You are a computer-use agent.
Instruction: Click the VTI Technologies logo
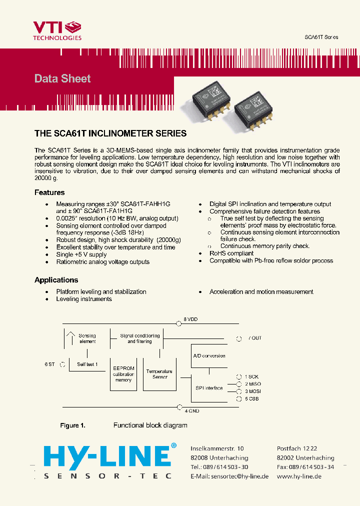point(57,30)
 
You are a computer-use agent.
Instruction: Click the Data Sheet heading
point(62,78)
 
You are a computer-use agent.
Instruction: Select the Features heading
point(49,192)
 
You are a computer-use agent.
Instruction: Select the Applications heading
point(56,280)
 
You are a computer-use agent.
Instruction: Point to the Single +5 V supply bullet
point(81,254)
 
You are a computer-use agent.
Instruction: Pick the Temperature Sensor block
point(159,374)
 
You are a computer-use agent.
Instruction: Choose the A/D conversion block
point(209,356)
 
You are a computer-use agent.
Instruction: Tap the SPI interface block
point(209,388)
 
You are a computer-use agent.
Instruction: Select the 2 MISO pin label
point(252,384)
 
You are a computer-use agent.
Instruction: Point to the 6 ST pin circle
point(62,364)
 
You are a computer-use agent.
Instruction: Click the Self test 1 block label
point(87,364)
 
